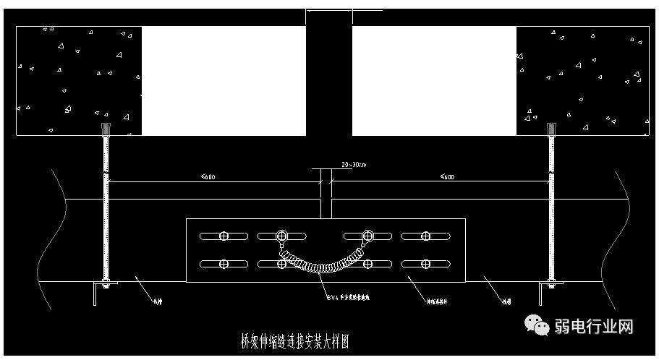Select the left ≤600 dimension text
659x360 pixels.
tap(208, 176)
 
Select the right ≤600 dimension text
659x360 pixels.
tap(447, 176)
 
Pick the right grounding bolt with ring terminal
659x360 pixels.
tap(368, 236)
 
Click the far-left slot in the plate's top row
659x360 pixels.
tap(224, 236)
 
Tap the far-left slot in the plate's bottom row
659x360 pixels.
tap(224, 264)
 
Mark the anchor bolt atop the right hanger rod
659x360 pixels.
tap(551, 130)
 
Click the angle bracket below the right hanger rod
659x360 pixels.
tap(544, 293)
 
